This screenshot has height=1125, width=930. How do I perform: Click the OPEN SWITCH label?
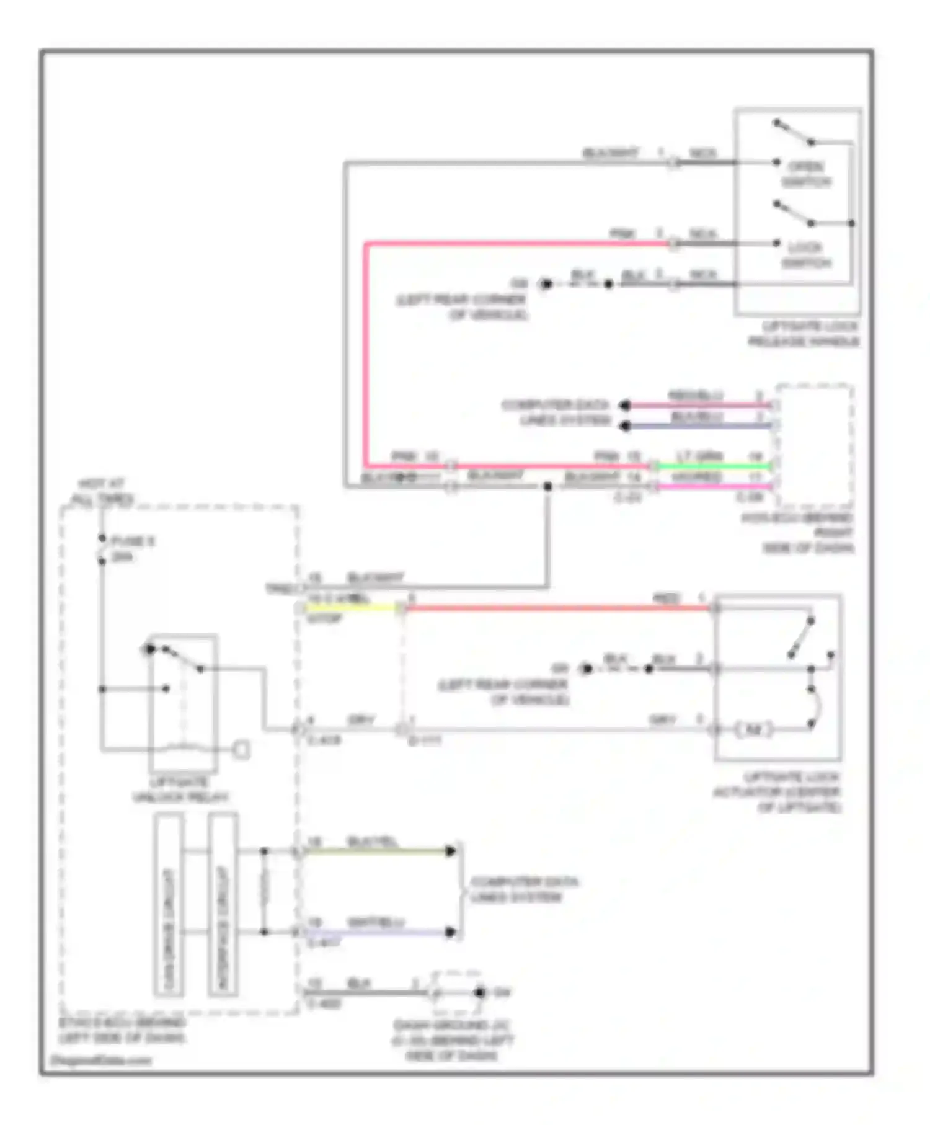coord(805,174)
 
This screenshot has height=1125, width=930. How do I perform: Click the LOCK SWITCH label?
coord(805,255)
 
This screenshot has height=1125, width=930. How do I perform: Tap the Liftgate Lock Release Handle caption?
coord(804,334)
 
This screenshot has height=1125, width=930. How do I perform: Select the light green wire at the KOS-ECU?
coord(713,466)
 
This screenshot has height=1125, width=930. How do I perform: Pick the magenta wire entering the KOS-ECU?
coord(713,487)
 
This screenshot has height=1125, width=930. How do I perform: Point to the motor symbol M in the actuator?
coord(753,729)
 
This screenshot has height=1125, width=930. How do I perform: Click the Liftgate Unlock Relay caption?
coord(180,789)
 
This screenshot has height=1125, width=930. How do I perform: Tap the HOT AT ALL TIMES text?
coord(102,491)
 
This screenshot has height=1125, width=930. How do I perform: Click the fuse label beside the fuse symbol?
coord(132,549)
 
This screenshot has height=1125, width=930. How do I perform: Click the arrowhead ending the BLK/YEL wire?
coord(451,851)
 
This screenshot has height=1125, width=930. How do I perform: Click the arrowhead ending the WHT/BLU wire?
coord(451,932)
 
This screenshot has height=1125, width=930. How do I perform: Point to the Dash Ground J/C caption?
coord(453,1040)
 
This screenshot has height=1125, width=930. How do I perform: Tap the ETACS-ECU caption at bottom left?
coord(122,1030)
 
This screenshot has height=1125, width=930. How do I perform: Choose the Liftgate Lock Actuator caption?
coord(777,792)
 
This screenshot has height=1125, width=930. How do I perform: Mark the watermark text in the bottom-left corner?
coord(100,1060)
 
